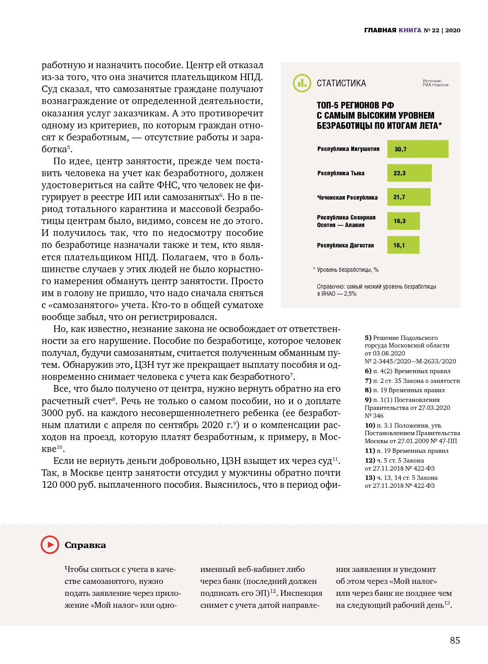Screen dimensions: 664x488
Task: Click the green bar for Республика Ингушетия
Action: (x=418, y=149)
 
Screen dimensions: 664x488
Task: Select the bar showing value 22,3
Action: (x=409, y=173)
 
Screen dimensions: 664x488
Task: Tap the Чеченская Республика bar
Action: (x=408, y=197)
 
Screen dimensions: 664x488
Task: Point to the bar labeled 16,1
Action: (x=403, y=245)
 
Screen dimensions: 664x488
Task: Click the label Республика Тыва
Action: (x=341, y=174)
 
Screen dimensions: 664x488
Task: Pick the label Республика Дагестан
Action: (x=345, y=246)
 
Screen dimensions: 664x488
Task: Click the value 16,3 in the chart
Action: (x=400, y=221)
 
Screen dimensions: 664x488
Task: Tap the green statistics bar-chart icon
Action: (x=302, y=83)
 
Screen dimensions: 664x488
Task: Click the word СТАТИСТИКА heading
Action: (x=341, y=84)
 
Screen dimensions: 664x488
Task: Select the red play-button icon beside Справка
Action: (x=50, y=544)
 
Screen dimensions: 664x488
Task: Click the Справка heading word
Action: (x=85, y=545)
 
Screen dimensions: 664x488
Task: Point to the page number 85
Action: (x=455, y=641)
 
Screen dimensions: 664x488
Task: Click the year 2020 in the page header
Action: (x=453, y=31)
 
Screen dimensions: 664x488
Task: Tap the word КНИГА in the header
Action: (x=410, y=31)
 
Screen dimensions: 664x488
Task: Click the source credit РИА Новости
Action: (x=435, y=85)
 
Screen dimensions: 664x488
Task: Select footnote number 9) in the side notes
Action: (x=368, y=400)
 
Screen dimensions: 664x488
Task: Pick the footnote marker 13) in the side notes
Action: (x=370, y=478)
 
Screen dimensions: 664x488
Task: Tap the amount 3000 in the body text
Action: (x=53, y=413)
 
